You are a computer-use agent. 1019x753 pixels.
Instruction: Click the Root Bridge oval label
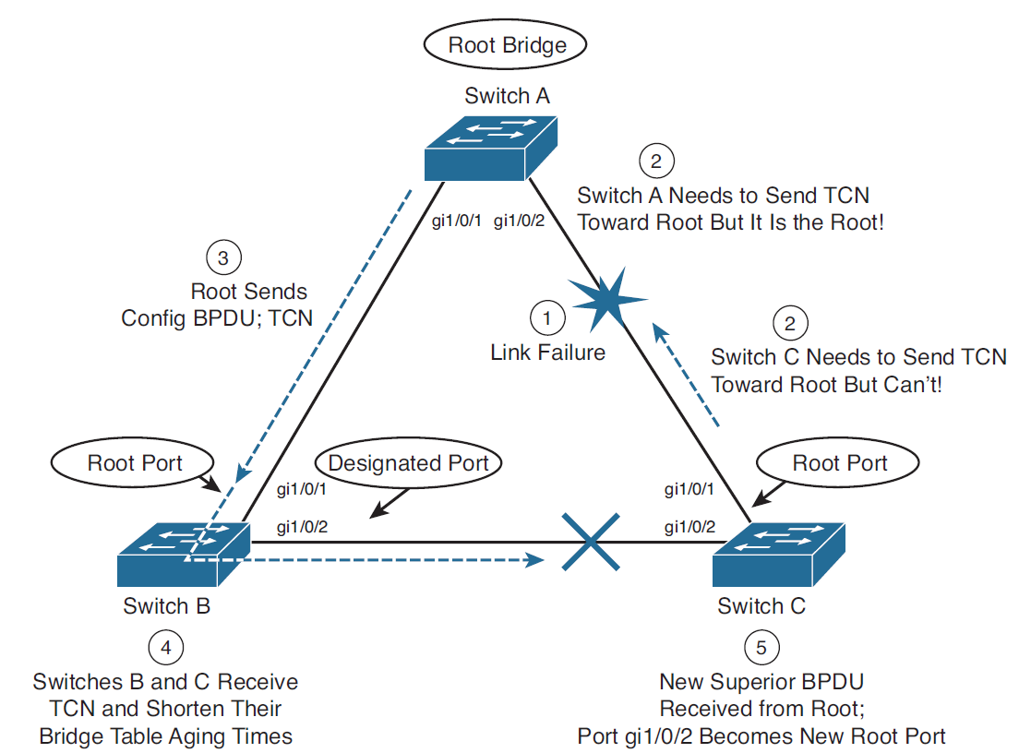[x=507, y=44]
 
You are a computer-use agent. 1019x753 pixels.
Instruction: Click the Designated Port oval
[x=408, y=462]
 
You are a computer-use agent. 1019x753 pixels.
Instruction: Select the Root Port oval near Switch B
[x=135, y=462]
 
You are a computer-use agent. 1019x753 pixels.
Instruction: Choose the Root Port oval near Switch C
[x=840, y=462]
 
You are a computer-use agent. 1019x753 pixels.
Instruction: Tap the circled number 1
[x=547, y=318]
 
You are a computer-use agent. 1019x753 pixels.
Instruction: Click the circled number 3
[x=222, y=258]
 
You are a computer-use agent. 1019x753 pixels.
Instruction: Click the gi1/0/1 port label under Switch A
[x=459, y=221]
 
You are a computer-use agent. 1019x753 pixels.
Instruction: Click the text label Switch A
[x=508, y=95]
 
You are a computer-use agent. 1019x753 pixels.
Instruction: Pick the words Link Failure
[x=547, y=352]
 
